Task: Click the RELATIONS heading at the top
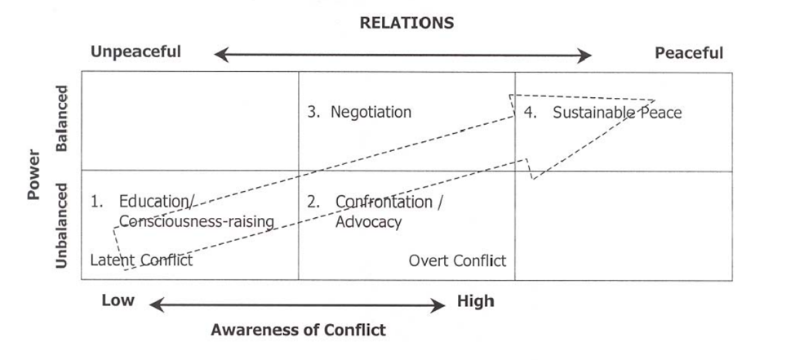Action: (x=406, y=23)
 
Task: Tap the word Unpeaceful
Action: (x=135, y=52)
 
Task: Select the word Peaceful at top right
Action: (x=689, y=53)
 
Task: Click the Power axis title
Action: (x=33, y=174)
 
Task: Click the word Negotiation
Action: (x=371, y=112)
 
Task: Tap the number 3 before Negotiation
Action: (x=313, y=112)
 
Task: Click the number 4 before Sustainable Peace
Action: (x=529, y=113)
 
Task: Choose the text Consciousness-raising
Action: (x=196, y=221)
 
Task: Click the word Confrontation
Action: (x=384, y=202)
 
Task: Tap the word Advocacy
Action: (x=368, y=221)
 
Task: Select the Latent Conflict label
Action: (x=140, y=260)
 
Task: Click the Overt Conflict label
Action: (x=457, y=260)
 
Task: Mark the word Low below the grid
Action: (x=118, y=300)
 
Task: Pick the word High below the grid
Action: (x=475, y=301)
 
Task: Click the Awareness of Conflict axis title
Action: (x=298, y=330)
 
